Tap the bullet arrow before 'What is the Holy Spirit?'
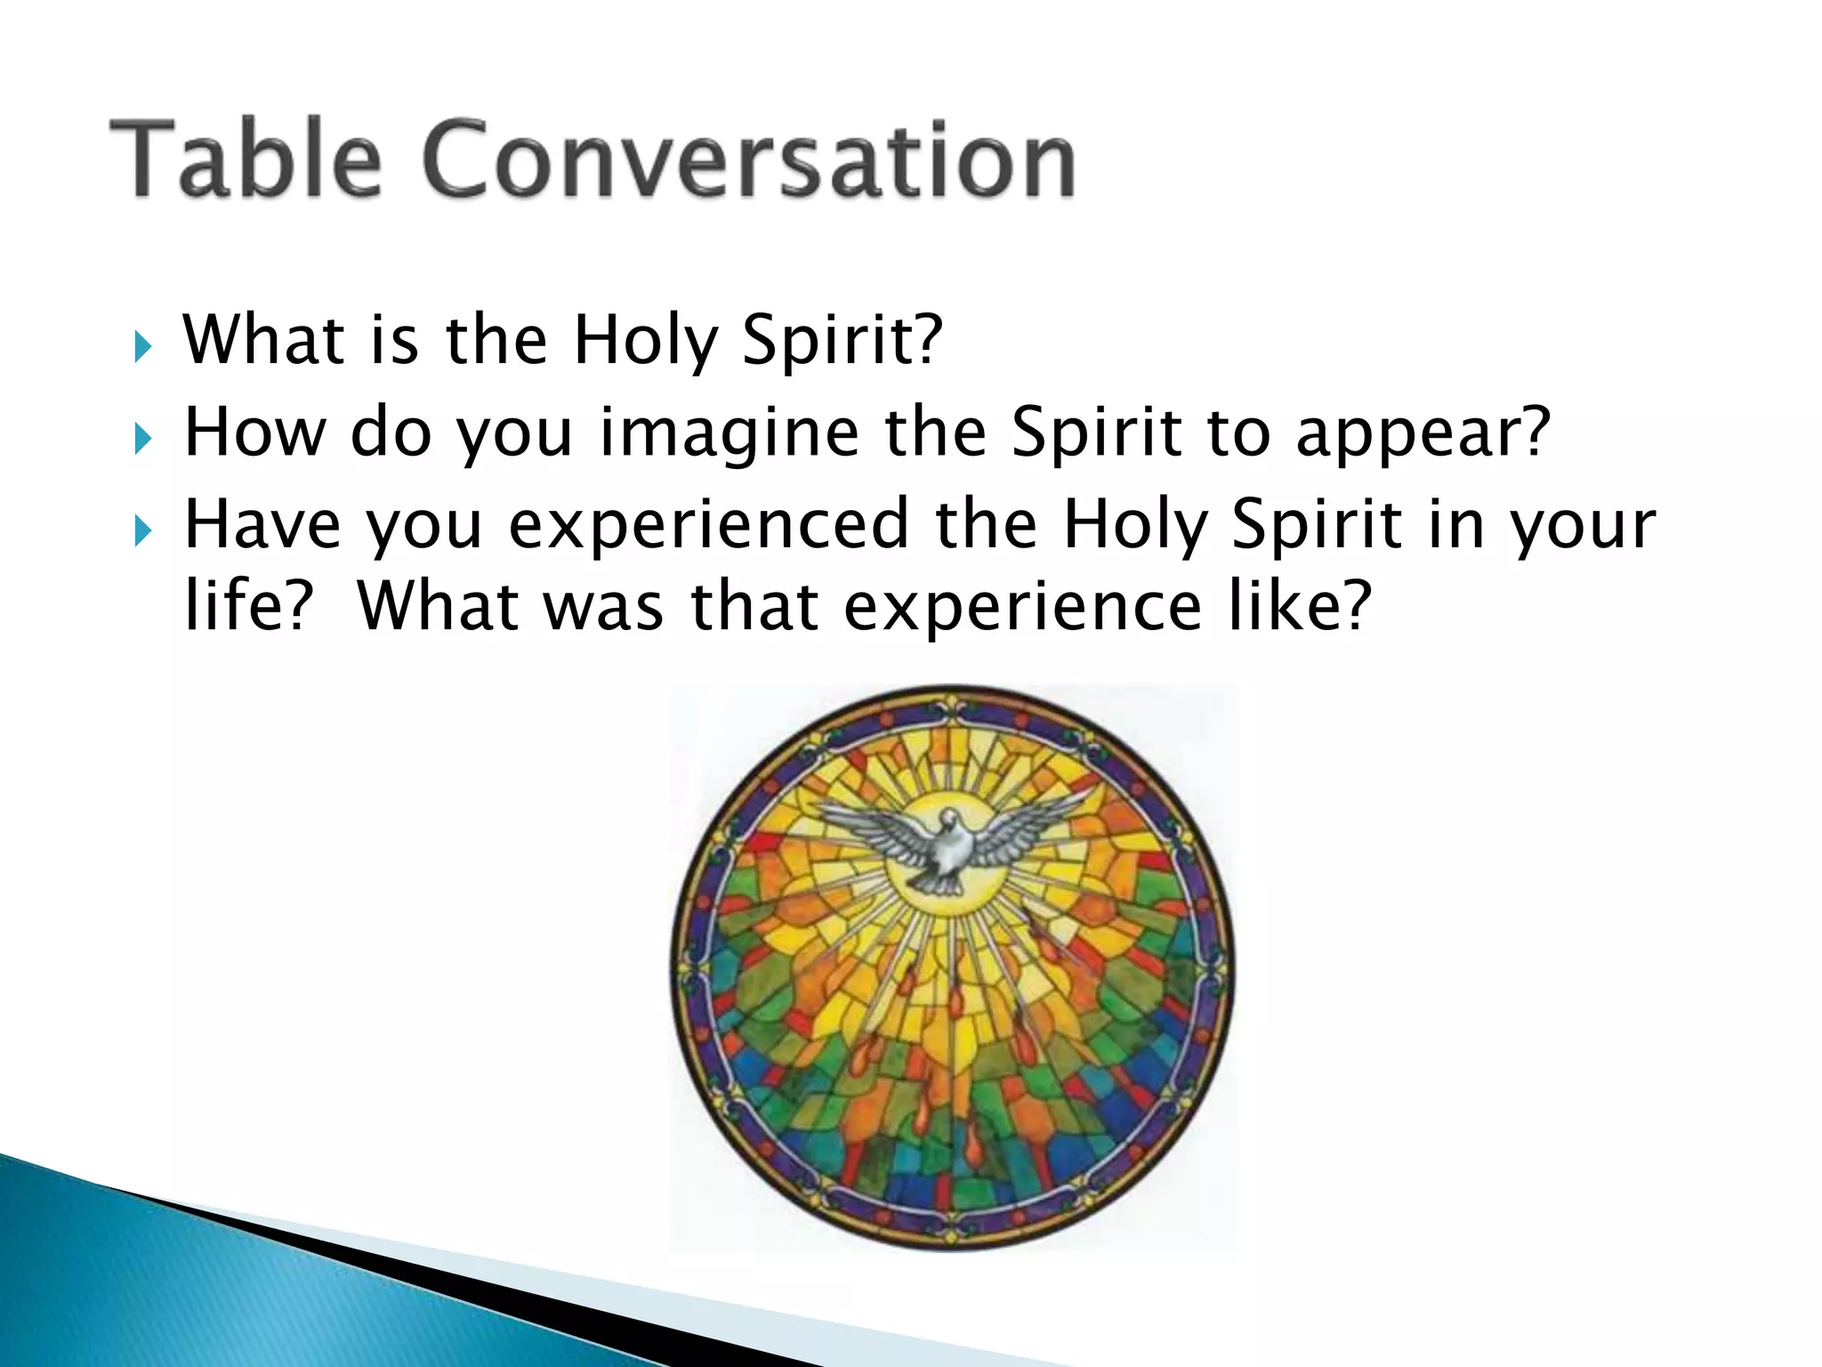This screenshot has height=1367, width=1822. (142, 345)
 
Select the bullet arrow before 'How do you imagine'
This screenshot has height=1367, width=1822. (142, 438)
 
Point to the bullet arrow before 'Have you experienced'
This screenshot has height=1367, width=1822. (142, 531)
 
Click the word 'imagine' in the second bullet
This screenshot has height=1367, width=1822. (729, 433)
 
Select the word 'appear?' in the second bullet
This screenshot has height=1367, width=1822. (1423, 433)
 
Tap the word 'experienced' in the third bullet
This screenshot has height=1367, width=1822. (708, 525)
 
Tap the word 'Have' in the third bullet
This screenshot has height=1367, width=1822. (262, 525)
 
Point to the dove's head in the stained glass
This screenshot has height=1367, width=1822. (949, 819)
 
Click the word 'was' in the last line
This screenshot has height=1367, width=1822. (603, 607)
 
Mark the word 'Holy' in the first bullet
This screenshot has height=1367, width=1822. (645, 342)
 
